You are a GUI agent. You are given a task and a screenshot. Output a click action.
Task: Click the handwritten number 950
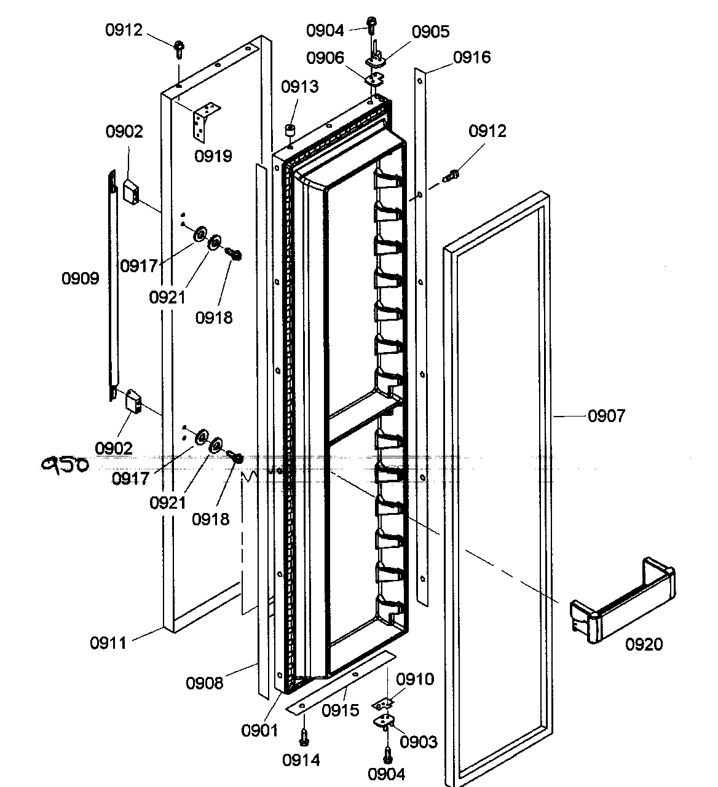click(65, 465)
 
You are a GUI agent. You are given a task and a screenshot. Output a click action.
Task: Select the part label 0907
click(606, 416)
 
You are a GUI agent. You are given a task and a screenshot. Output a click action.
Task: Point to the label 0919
click(213, 156)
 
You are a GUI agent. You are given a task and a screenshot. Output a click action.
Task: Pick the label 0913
click(301, 87)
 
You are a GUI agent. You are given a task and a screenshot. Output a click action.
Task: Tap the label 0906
click(325, 57)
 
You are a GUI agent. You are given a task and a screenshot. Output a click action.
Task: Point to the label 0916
click(472, 57)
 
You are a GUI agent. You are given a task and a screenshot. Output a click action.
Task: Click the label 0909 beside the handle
click(80, 278)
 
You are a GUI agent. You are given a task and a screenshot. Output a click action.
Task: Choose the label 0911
click(108, 643)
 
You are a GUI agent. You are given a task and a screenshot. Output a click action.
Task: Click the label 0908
click(204, 683)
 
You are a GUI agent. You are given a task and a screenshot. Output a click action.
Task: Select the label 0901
click(259, 730)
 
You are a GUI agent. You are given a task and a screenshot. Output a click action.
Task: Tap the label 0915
click(340, 711)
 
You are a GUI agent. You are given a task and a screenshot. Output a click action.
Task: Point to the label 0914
click(301, 760)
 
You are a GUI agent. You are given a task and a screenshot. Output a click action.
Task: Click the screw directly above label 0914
click(304, 735)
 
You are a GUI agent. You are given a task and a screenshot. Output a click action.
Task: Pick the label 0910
click(415, 679)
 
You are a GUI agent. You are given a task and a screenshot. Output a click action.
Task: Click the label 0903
click(419, 742)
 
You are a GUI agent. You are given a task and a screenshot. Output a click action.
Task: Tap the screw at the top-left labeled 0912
click(179, 48)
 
